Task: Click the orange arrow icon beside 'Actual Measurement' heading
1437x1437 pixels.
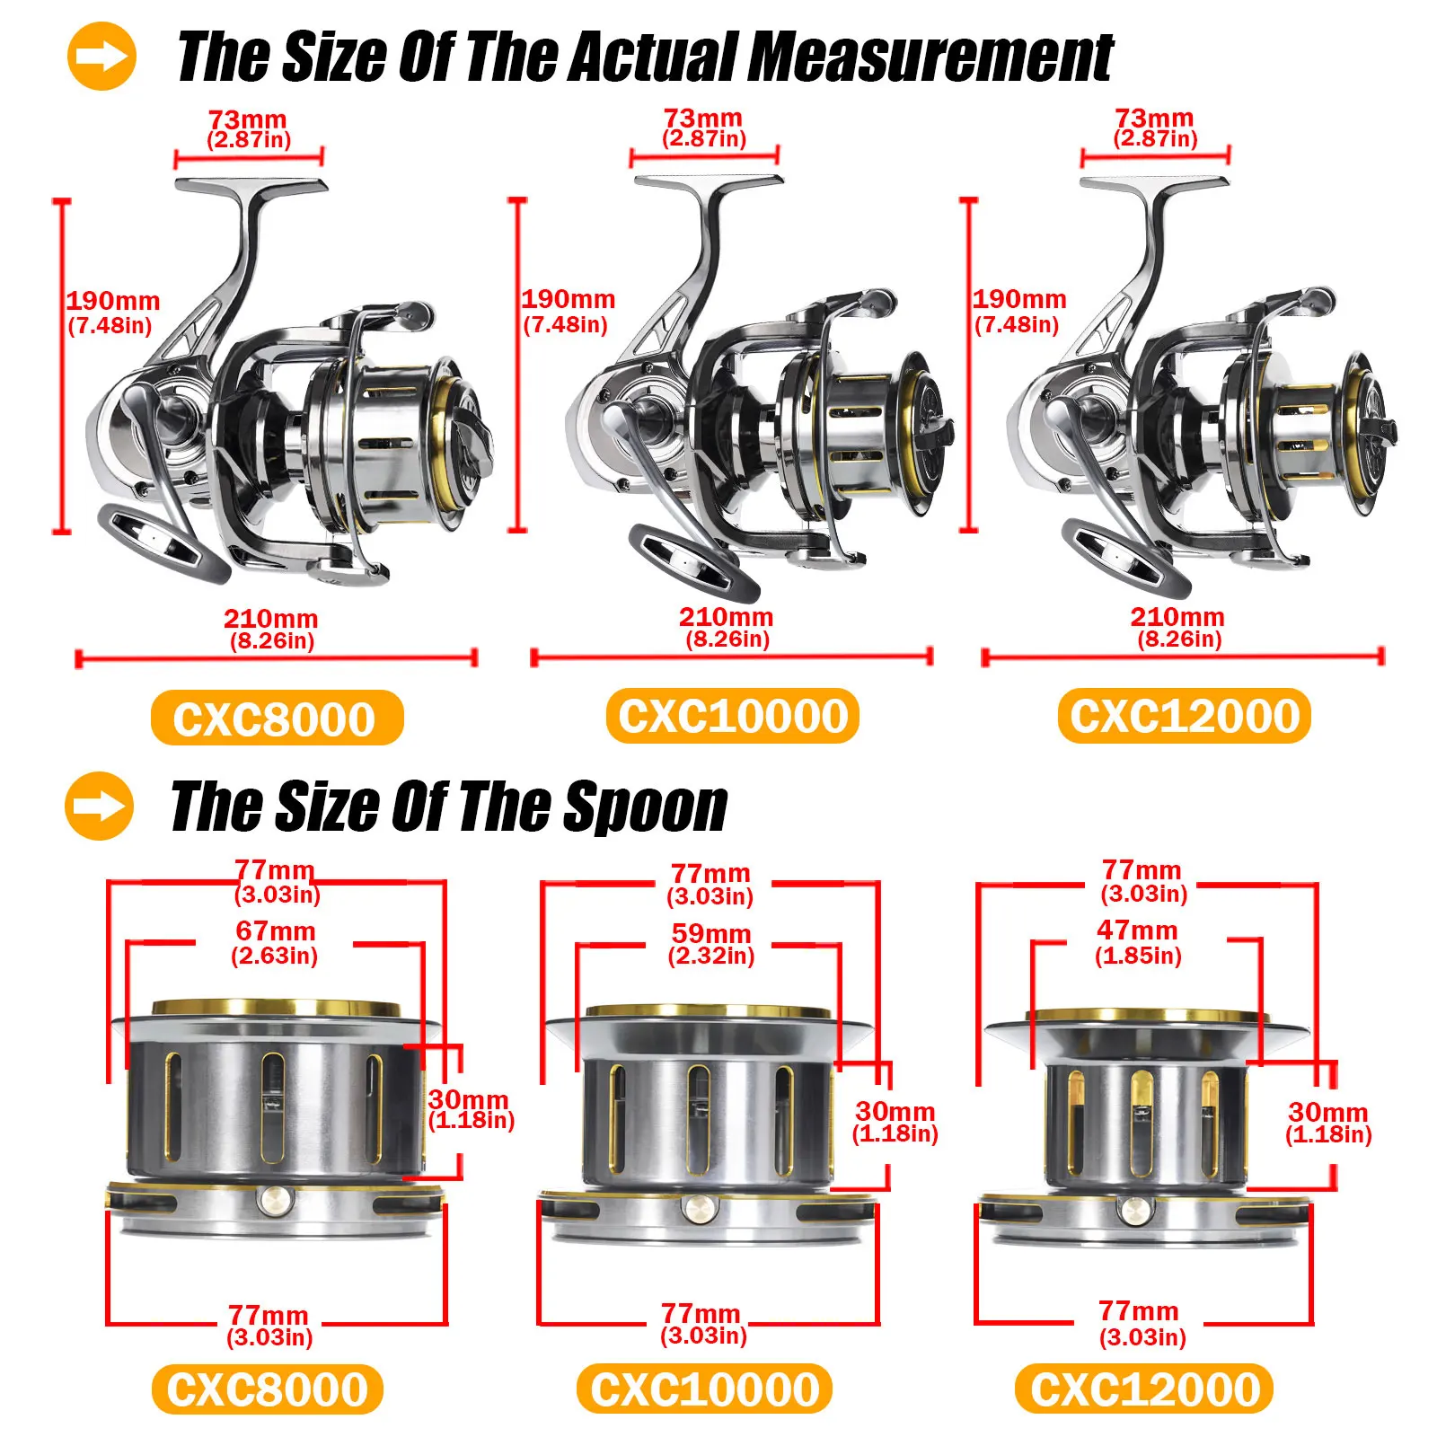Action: (101, 57)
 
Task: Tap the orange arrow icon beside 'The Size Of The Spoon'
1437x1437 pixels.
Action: (99, 806)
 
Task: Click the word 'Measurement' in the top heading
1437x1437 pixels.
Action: (930, 57)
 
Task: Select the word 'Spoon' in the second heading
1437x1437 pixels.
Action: (644, 807)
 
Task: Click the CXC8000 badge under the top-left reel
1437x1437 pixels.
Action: (277, 718)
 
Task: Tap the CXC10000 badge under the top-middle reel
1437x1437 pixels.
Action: (732, 716)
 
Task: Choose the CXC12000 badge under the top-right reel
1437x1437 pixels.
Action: (1184, 716)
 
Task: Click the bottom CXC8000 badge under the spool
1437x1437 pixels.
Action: (268, 1389)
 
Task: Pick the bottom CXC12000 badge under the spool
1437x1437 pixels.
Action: (1144, 1389)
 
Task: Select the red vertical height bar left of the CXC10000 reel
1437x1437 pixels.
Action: (518, 365)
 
